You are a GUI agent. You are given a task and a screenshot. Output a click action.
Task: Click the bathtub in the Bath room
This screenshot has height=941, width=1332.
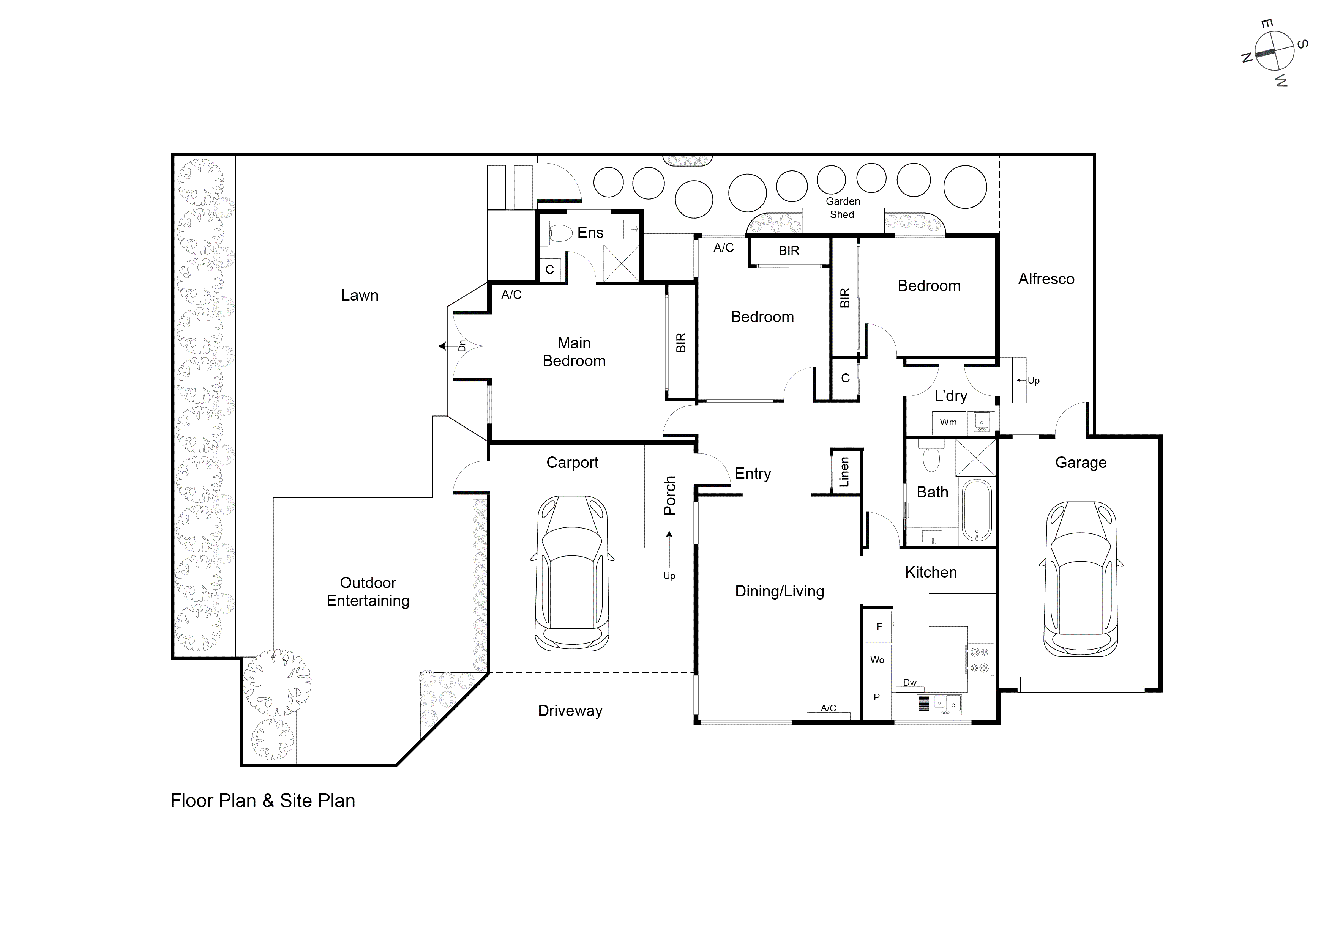coord(977,510)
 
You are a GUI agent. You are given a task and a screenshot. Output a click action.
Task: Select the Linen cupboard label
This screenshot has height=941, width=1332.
coord(845,472)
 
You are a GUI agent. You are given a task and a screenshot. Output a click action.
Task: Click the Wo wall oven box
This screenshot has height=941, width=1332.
coord(877,660)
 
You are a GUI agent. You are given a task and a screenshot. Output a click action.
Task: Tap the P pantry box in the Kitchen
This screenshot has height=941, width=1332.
coord(877,697)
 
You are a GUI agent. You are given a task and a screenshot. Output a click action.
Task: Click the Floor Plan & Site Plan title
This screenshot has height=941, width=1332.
coord(262,801)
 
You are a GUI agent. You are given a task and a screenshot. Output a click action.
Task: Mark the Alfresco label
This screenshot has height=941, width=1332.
coord(1046,279)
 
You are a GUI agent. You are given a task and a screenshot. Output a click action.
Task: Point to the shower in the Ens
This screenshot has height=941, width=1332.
coord(621,263)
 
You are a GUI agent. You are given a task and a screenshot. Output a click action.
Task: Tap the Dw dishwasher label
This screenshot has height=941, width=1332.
coord(910,682)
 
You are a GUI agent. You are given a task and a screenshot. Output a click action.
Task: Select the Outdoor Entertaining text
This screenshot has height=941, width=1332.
coord(368,592)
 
